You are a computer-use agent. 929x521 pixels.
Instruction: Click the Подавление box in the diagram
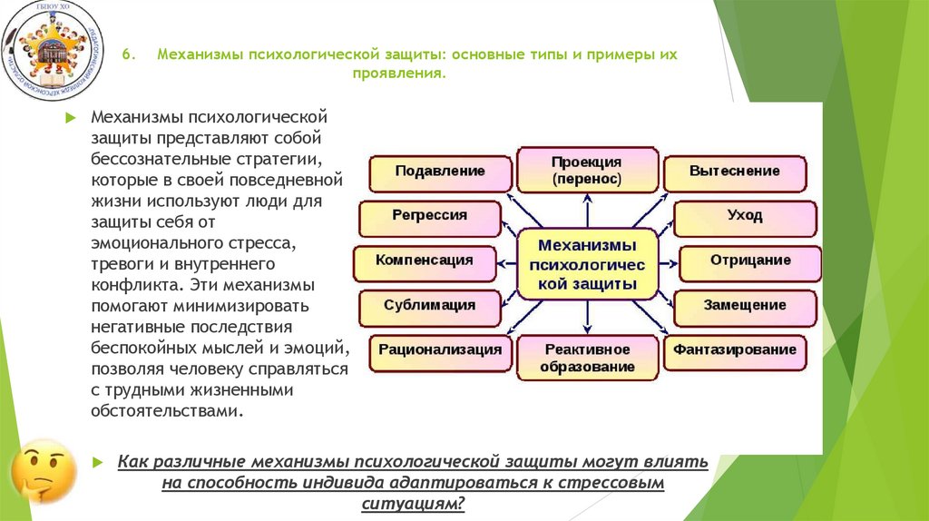click(440, 172)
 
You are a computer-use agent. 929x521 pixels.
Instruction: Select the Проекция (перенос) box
click(587, 170)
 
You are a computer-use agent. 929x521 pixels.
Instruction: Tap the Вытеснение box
click(734, 172)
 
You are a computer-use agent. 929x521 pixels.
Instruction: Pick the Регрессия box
click(430, 217)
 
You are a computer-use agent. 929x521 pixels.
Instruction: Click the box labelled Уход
click(745, 217)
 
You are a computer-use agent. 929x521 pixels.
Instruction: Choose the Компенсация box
click(425, 261)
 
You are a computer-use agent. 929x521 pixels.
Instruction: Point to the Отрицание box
click(749, 261)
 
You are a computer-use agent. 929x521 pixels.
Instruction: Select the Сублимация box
click(430, 306)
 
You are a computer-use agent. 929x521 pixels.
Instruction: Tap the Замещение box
click(745, 306)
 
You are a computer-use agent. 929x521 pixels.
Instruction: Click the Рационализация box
click(440, 350)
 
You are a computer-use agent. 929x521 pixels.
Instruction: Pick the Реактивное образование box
click(587, 358)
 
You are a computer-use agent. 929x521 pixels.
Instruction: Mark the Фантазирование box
click(735, 350)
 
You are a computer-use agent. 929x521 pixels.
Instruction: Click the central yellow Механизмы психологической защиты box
click(587, 264)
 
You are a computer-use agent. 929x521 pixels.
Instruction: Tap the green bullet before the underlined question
click(98, 462)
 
